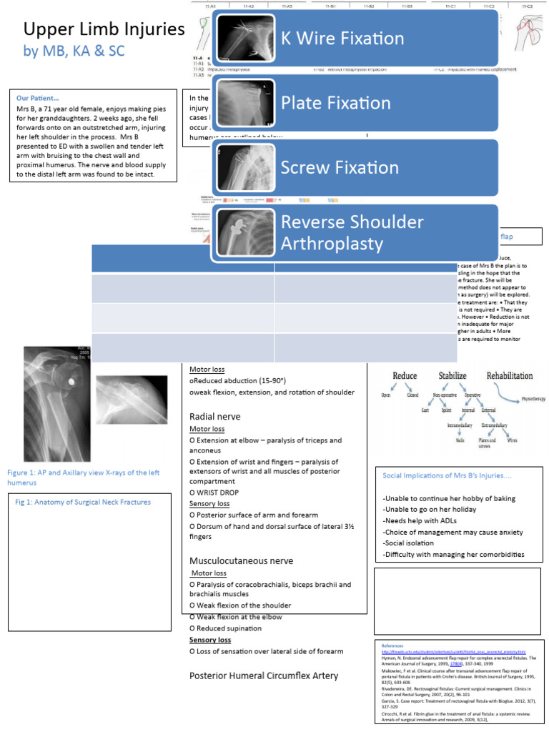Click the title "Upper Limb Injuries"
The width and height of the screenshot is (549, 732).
104,30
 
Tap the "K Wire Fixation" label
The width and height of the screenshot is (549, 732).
342,38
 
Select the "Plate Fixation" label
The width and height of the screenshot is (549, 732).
335,103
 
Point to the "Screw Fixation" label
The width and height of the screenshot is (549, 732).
340,168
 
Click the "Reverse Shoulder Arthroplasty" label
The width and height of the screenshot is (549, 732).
352,232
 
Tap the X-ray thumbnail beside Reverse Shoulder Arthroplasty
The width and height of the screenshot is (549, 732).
244,232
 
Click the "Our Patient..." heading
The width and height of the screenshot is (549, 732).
38,98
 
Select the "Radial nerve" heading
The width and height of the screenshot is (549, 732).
214,416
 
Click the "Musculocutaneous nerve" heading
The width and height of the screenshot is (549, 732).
241,560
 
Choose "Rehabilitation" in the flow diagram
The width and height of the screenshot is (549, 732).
510,375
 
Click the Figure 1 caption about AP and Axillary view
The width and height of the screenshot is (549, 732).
83,478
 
